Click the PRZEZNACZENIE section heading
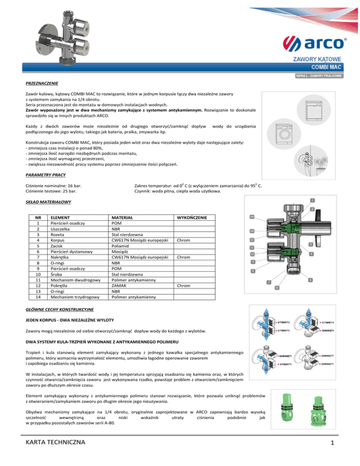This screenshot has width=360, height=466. tap(42, 84)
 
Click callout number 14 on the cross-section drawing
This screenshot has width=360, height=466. tap(252, 217)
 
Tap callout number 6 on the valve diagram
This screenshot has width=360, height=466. tap(277, 287)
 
